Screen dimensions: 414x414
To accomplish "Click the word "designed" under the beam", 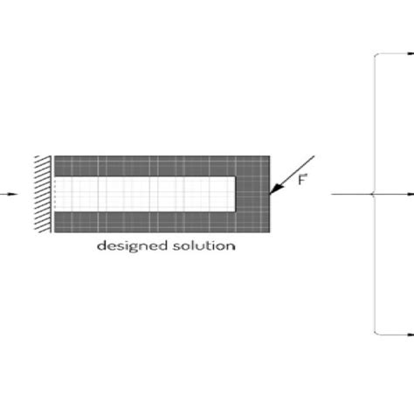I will (x=128, y=245).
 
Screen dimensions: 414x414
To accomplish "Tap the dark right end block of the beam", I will (x=253, y=193).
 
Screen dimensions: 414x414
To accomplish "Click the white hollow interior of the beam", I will (x=144, y=193).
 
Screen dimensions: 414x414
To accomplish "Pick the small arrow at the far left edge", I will (x=4, y=193).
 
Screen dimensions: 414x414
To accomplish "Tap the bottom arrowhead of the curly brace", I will (x=410, y=333).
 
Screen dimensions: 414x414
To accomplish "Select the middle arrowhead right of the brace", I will (x=410, y=193).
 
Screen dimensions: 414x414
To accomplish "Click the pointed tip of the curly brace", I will (x=373, y=193).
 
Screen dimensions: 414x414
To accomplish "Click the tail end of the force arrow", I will (x=313, y=157).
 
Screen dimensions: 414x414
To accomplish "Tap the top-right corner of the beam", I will (x=269, y=156).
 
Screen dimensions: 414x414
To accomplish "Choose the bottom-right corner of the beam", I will (x=269, y=231).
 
